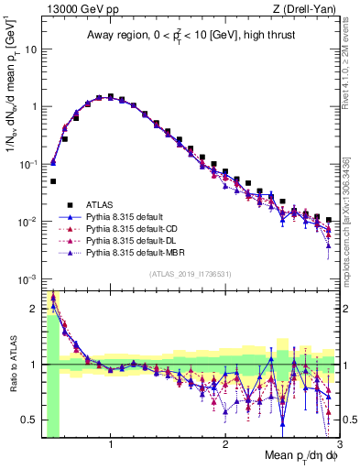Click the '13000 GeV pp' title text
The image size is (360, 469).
(76, 8)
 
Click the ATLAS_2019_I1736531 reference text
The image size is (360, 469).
(191, 273)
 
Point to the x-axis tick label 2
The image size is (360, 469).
(225, 444)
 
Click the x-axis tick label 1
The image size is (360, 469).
(111, 444)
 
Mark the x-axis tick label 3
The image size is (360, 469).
(339, 444)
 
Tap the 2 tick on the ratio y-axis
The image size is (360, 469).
(35, 308)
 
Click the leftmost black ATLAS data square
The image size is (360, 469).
(53, 181)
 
